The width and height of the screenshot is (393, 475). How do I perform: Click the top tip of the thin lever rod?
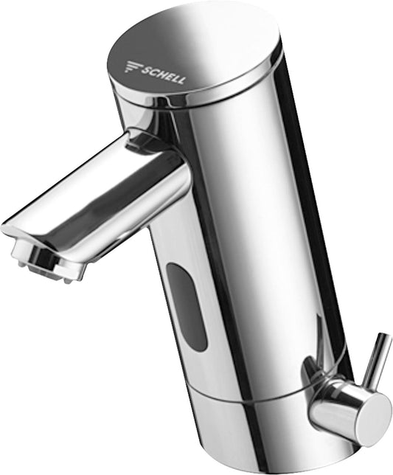[383, 338]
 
